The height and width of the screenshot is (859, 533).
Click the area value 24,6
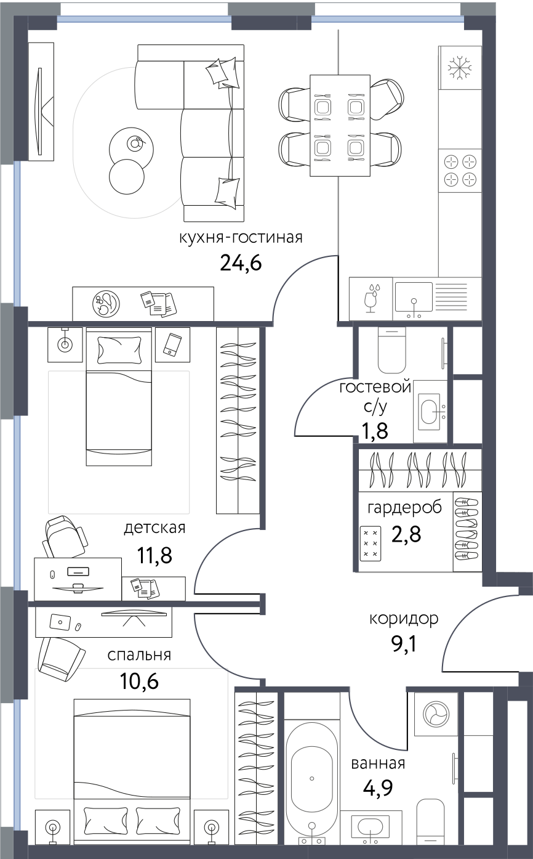[241, 263]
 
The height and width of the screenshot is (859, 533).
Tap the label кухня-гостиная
[241, 238]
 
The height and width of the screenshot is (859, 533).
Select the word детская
[154, 528]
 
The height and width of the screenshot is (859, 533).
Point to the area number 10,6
[139, 682]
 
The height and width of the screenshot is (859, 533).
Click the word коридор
[404, 619]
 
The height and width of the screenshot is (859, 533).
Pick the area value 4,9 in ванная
[378, 788]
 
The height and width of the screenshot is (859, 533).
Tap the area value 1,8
[375, 431]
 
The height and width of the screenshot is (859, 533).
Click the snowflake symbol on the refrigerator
[460, 68]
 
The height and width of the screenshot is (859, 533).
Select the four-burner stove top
[460, 171]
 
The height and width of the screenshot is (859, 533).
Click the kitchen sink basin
[414, 297]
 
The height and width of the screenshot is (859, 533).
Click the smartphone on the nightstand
[173, 344]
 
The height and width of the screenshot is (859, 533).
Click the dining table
[340, 126]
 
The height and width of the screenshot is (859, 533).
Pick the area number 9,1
[403, 644]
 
